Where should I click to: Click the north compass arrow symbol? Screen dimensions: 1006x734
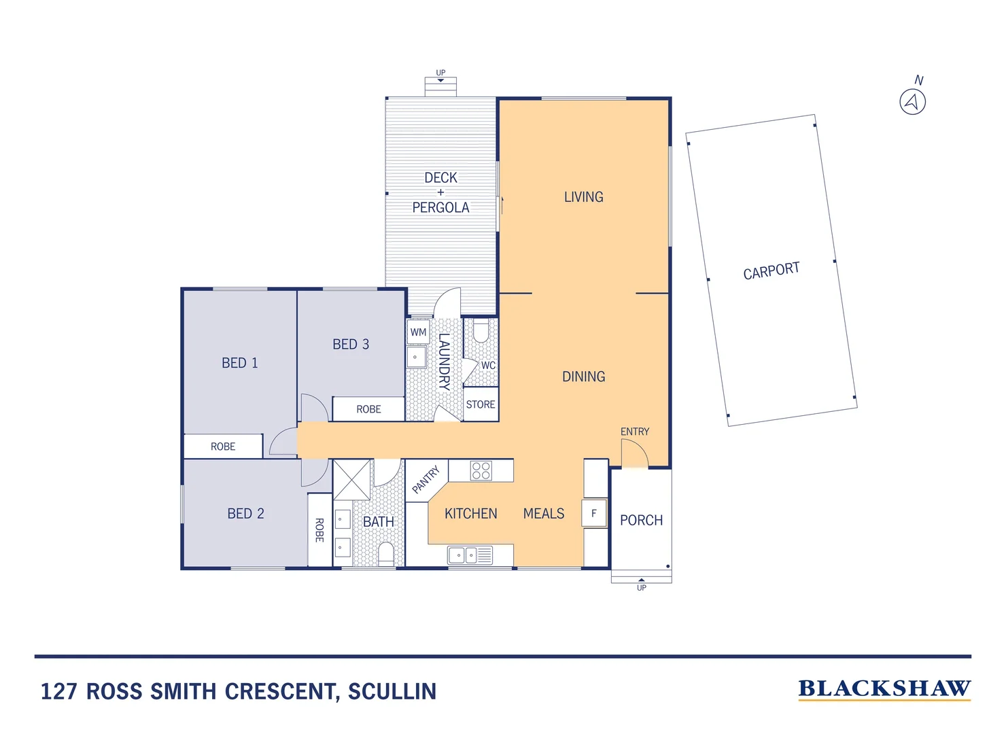point(912,102)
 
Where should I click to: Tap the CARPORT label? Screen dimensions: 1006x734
point(771,271)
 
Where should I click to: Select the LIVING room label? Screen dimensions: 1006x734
point(583,197)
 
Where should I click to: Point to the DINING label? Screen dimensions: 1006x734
point(583,377)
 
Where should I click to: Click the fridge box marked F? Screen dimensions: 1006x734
point(593,513)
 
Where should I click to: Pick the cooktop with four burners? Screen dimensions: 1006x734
point(481,470)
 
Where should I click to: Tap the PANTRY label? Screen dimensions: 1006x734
point(426,479)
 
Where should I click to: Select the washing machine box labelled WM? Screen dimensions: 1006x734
point(418,332)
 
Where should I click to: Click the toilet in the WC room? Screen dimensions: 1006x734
point(481,332)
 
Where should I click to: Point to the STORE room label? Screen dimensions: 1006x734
point(481,404)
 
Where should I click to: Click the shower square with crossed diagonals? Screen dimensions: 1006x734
point(352,480)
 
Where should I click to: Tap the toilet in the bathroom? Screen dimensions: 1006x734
point(386,553)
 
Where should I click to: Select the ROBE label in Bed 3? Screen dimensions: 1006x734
point(368,409)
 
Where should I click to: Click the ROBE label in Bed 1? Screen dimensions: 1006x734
point(223,447)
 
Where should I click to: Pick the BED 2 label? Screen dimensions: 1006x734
point(245,514)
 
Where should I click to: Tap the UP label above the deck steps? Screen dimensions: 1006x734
point(440,73)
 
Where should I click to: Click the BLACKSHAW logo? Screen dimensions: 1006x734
point(884,688)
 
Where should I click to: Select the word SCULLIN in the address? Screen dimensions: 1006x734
point(392,691)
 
